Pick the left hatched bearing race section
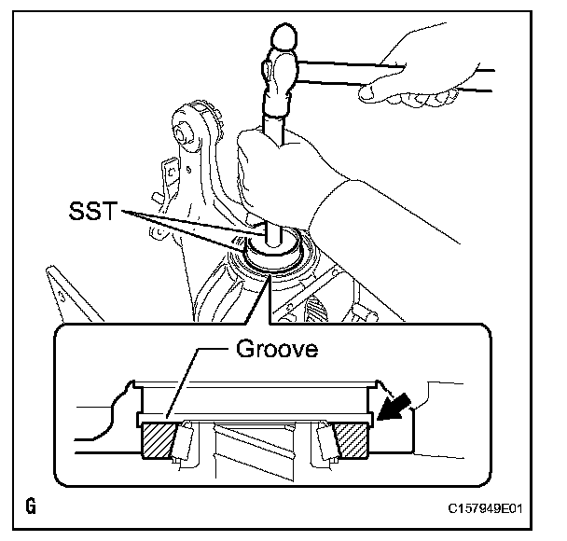[160, 440]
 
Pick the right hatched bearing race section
[352, 440]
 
